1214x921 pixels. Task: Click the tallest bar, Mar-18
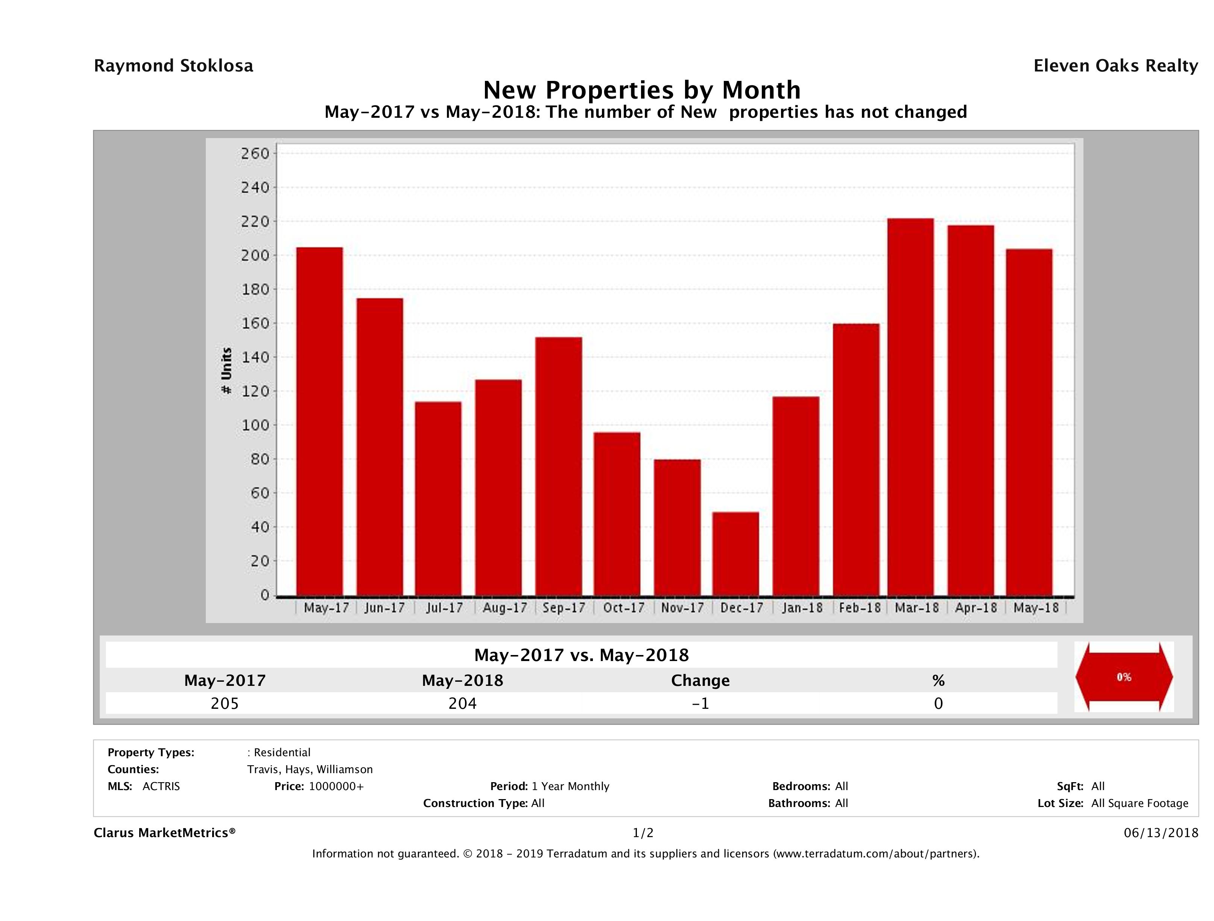[910, 407]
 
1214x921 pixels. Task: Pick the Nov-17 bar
[677, 527]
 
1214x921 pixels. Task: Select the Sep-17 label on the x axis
[564, 608]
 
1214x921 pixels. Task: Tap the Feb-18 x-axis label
[860, 608]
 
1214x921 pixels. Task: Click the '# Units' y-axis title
[226, 371]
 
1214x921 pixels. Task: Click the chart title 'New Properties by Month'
[641, 90]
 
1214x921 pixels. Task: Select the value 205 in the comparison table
[225, 704]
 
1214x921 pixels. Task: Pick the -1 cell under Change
[700, 704]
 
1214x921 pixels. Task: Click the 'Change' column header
[700, 681]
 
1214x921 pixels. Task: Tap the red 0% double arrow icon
[1123, 677]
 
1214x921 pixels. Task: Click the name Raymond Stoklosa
[173, 66]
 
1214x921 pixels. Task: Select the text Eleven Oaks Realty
[1115, 66]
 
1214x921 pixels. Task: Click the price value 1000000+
[336, 787]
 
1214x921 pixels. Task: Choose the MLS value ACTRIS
[161, 787]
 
